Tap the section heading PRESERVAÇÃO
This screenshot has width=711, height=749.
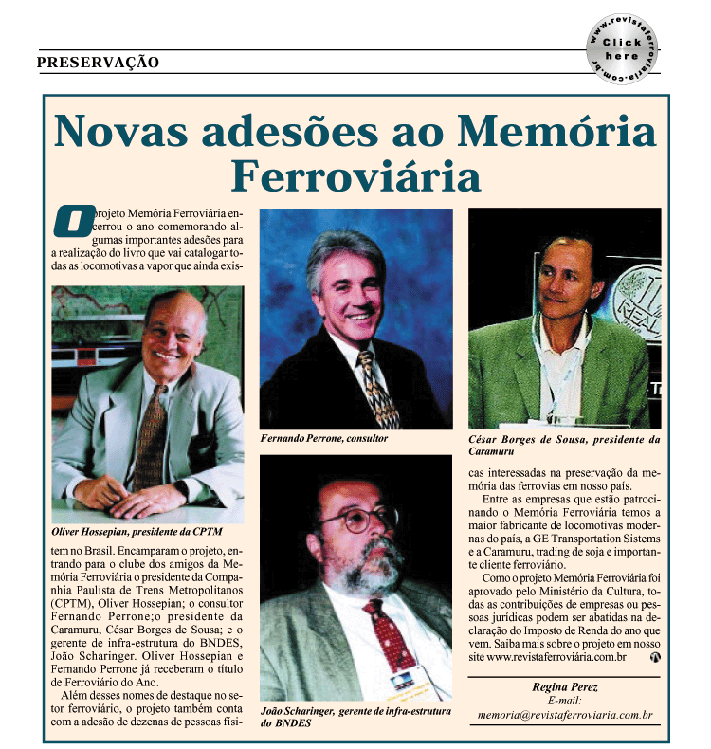pyautogui.click(x=98, y=63)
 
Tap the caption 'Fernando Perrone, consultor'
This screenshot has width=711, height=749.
pyautogui.click(x=323, y=439)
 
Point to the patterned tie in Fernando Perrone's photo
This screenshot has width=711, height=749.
pyautogui.click(x=377, y=389)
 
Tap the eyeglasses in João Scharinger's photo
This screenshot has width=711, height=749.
pyautogui.click(x=357, y=520)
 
